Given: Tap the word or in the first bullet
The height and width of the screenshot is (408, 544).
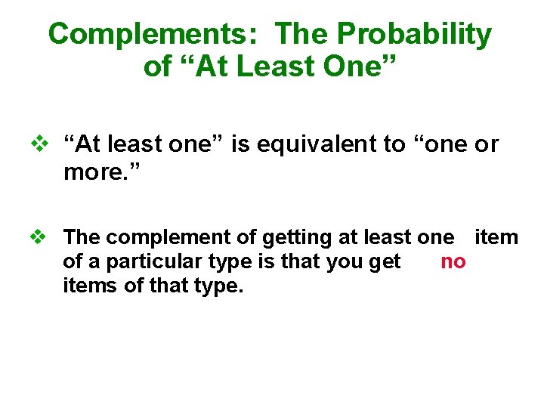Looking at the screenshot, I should tap(487, 144).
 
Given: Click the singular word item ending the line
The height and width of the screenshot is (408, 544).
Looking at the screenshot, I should tap(496, 237).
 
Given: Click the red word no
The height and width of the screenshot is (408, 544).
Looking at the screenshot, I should tap(453, 262).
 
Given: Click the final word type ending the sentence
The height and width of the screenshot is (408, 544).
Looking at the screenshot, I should tap(220, 287).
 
